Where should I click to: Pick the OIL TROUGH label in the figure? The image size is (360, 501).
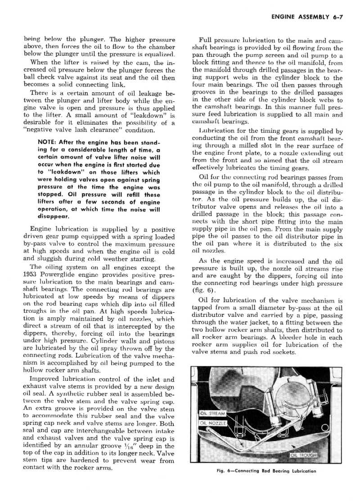(x=304, y=455)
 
